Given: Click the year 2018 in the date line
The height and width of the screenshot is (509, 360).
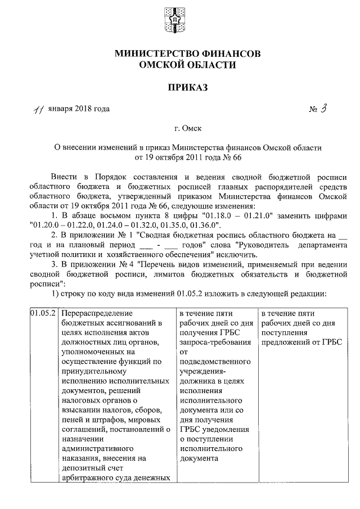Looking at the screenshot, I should pos(83,109).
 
